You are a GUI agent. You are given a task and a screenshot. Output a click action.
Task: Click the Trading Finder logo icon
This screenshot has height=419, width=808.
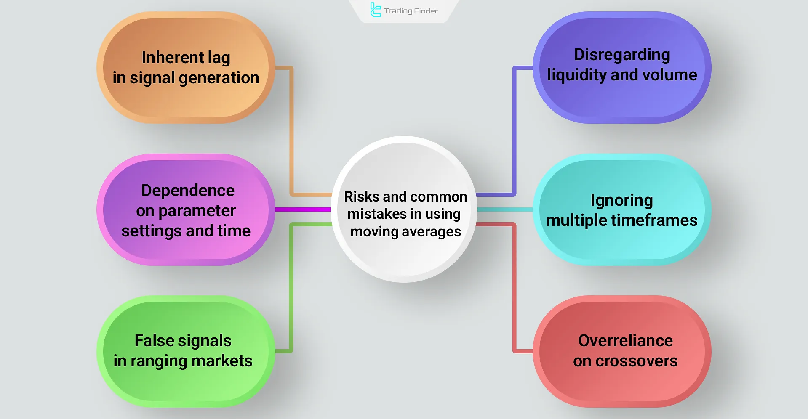375,10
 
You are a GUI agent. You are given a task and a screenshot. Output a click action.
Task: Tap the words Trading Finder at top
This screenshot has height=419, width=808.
411,11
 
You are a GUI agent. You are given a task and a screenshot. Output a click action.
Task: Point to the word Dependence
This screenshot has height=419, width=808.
188,191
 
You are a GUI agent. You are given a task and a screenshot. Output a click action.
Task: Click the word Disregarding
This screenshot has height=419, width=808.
622,55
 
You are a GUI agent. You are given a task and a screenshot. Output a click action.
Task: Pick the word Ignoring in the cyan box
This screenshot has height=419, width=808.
621,201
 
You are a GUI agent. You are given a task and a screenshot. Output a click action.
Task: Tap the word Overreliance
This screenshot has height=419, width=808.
625,341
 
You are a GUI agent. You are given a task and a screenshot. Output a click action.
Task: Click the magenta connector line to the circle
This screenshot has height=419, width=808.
303,209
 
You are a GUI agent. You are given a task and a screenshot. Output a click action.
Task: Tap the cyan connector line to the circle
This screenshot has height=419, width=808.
505,209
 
